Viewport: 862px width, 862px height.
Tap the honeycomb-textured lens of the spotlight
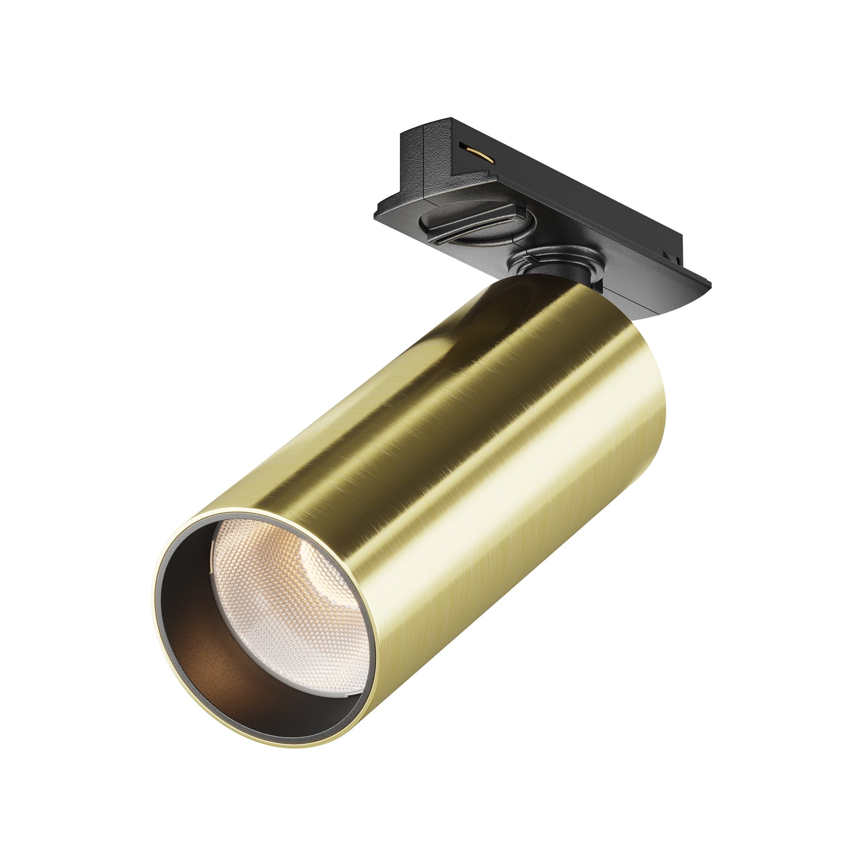coord(286,616)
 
